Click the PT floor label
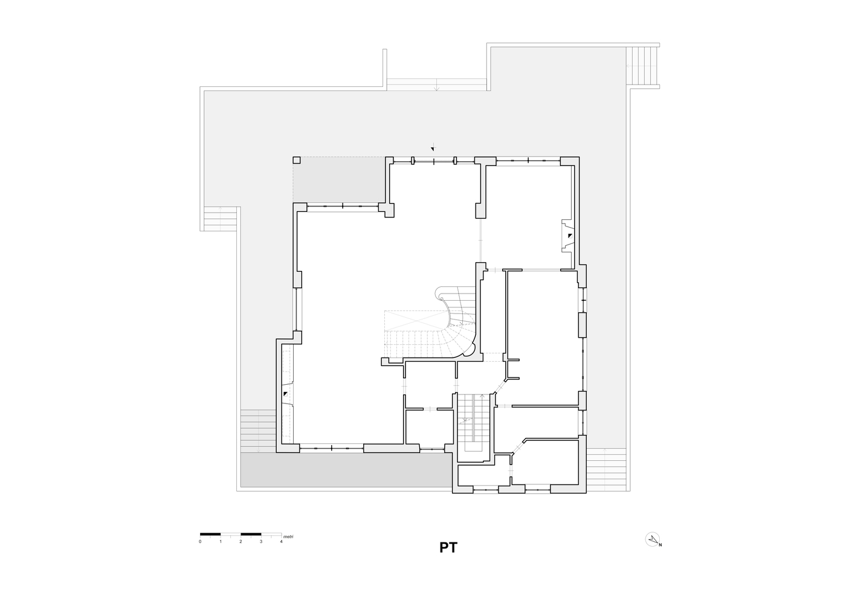click(x=448, y=547)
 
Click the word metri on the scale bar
click(x=288, y=536)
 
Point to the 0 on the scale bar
click(x=200, y=541)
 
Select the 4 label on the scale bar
click(x=282, y=541)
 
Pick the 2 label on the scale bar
click(x=240, y=541)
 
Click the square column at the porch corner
click(x=297, y=160)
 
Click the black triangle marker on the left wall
click(x=286, y=393)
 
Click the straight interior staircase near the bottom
click(x=473, y=423)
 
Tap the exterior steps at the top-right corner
click(x=642, y=66)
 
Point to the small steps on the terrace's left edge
click(x=220, y=219)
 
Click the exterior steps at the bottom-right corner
click(x=606, y=469)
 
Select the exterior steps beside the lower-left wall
click(x=258, y=431)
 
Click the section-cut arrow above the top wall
click(x=433, y=147)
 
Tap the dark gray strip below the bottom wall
click(x=346, y=470)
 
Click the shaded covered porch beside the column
click(x=338, y=179)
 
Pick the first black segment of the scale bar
click(x=210, y=533)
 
